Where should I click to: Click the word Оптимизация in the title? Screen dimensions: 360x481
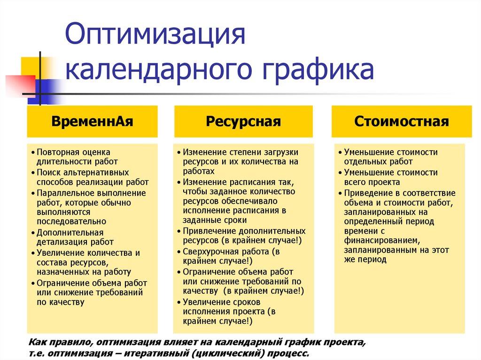tap(155, 36)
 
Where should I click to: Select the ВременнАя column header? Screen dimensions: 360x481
tap(93, 122)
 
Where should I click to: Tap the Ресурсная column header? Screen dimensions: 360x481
tap(243, 122)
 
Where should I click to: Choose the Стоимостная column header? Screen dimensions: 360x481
tap(402, 122)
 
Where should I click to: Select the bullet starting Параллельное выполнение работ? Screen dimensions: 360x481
tap(92, 207)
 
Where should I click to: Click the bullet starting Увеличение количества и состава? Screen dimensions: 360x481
tap(87, 262)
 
